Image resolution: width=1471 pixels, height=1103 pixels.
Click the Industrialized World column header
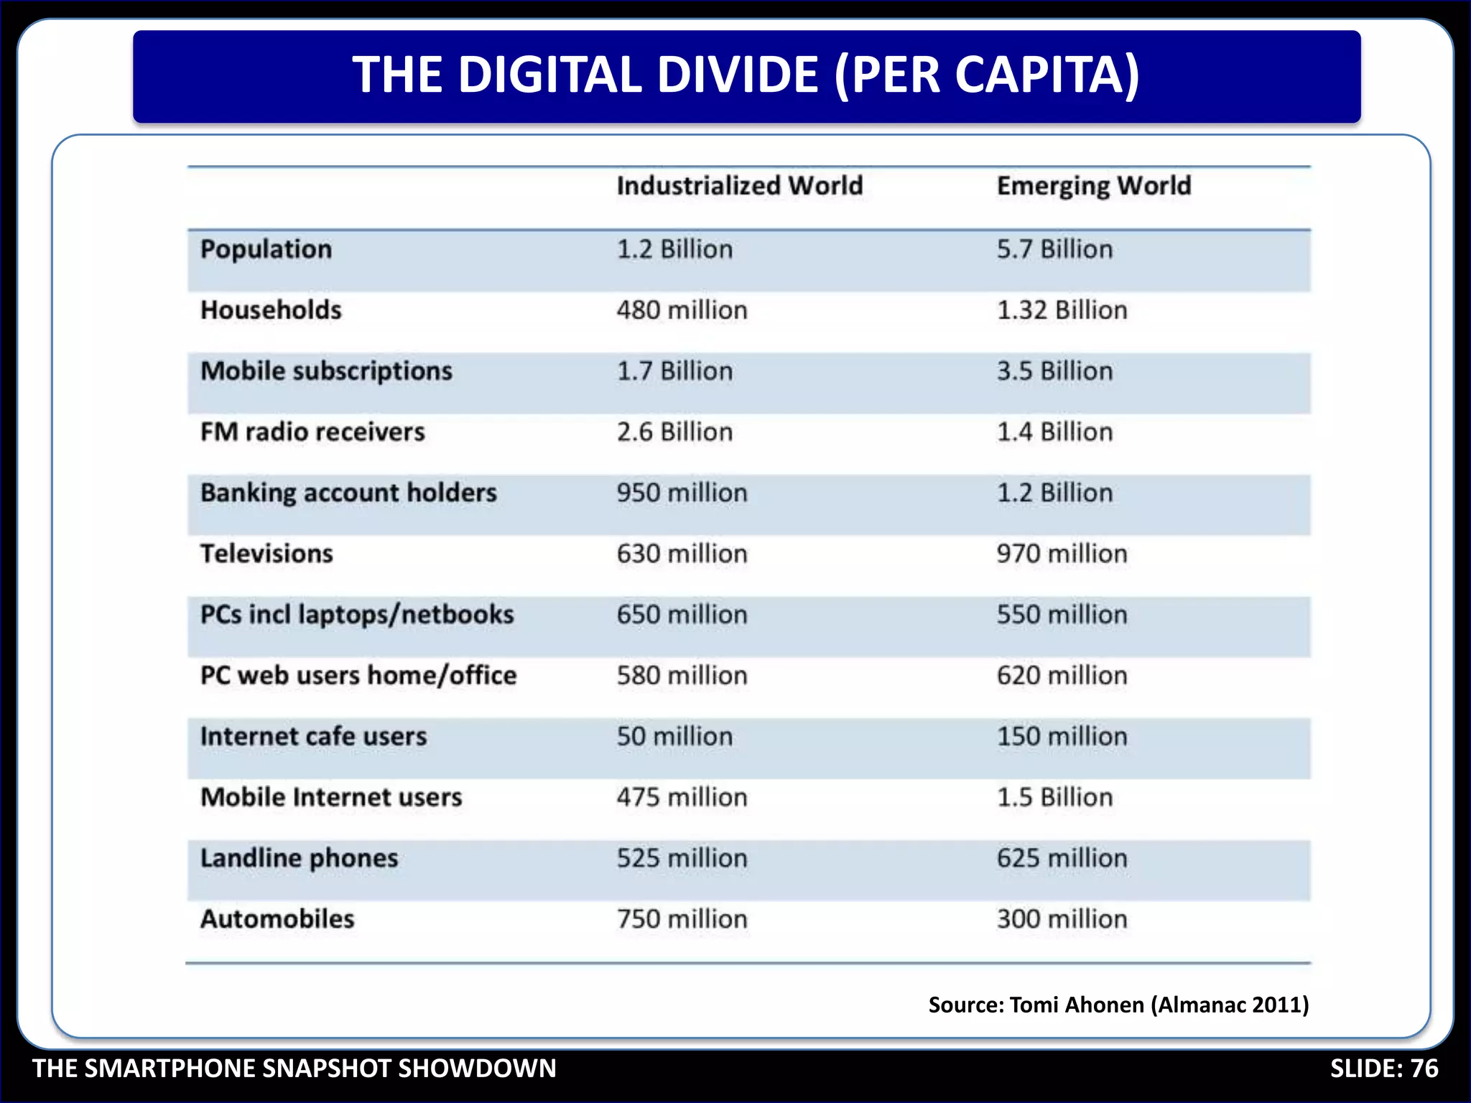click(x=739, y=186)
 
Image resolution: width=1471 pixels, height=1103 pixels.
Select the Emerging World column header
click(x=1093, y=186)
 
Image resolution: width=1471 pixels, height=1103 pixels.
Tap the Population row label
click(x=266, y=249)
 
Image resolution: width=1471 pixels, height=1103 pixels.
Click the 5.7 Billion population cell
click(x=1054, y=249)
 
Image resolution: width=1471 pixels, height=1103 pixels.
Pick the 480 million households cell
click(x=682, y=310)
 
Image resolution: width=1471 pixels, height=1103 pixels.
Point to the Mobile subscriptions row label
click(x=326, y=371)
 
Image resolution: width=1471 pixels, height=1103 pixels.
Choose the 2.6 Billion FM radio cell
click(x=674, y=432)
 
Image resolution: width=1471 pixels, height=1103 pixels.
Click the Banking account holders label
click(x=348, y=493)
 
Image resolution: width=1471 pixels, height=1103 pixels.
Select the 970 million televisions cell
click(x=1062, y=554)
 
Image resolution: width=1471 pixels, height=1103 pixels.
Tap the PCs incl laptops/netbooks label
click(x=357, y=615)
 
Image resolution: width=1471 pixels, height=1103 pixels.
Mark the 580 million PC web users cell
click(x=682, y=676)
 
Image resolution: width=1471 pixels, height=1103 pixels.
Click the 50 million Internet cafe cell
click(x=674, y=737)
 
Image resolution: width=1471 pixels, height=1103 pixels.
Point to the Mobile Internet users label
click(x=331, y=797)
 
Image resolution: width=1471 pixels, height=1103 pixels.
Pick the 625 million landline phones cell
click(x=1062, y=858)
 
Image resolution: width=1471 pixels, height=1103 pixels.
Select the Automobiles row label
click(x=277, y=919)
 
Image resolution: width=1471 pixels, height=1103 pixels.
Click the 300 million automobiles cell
click(x=1062, y=919)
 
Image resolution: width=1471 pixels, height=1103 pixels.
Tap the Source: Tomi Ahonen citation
click(x=1118, y=1004)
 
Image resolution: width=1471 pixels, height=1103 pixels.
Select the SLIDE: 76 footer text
click(x=1383, y=1069)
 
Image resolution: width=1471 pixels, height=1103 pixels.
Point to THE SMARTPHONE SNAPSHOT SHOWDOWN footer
click(x=294, y=1069)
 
